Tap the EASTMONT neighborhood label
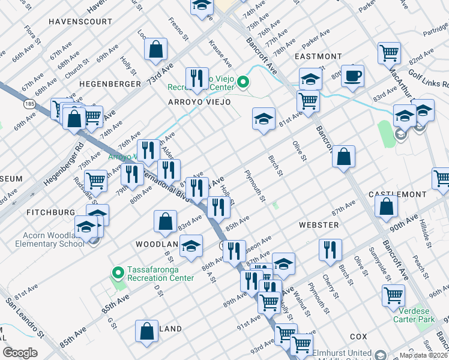(318, 56)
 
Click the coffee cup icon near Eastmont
(353, 76)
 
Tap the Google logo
(20, 353)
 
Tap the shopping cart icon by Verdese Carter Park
(393, 295)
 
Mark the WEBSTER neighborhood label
(319, 225)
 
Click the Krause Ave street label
(220, 53)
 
